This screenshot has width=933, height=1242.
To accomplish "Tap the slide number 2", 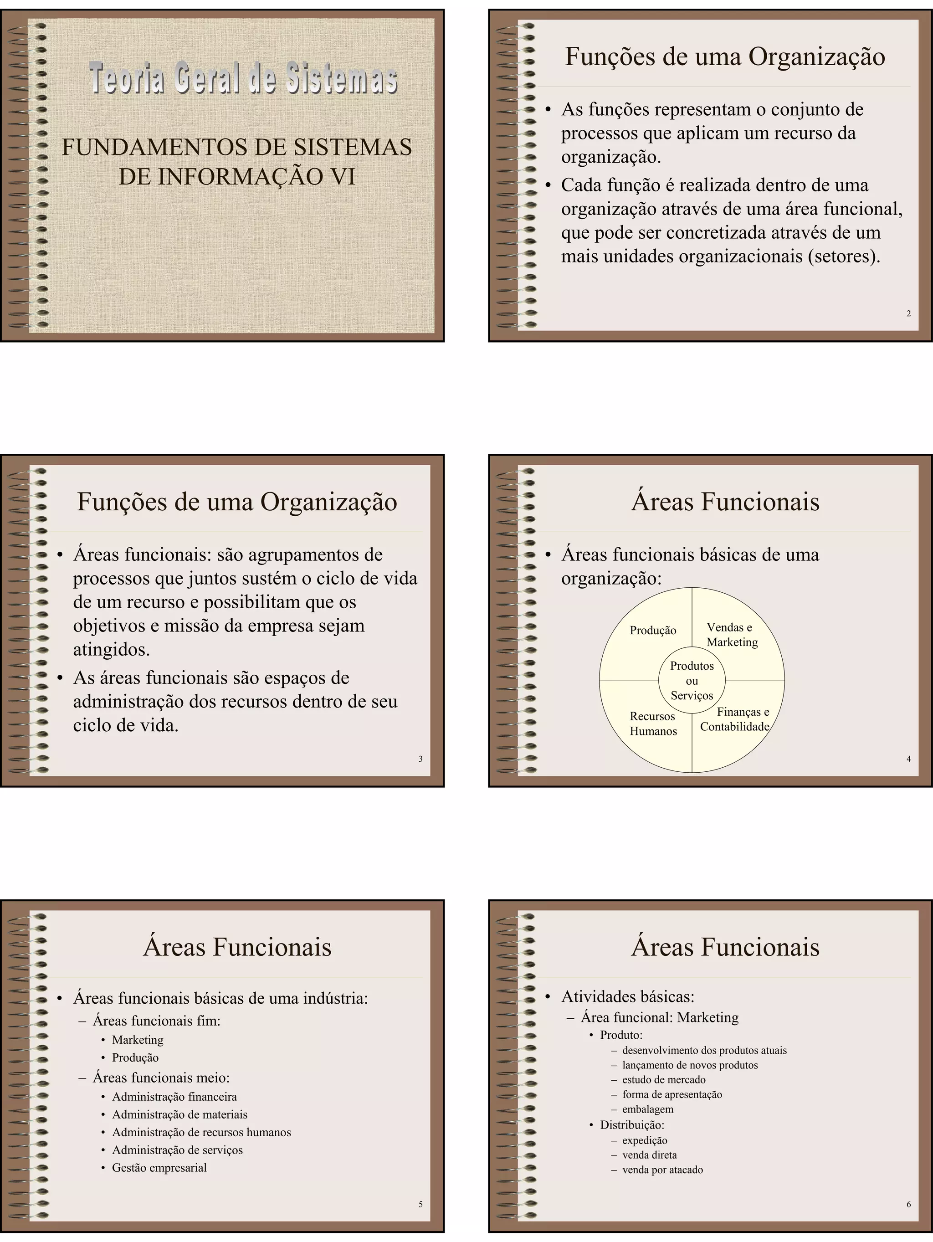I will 908,313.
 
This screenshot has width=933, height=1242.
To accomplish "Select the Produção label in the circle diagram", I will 653,631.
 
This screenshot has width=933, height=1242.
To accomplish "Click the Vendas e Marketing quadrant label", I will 732,635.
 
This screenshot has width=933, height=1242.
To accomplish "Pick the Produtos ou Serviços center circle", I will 692,681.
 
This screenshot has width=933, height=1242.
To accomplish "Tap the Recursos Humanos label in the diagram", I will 653,724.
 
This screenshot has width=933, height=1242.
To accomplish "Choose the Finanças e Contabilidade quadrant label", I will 735,719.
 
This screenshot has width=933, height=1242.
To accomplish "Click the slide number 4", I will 908,759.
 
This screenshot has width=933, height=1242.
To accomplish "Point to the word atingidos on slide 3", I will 111,650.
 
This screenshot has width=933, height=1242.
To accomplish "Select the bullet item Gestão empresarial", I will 159,1167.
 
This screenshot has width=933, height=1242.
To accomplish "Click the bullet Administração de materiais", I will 179,1114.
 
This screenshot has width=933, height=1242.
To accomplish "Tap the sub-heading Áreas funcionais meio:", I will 161,1078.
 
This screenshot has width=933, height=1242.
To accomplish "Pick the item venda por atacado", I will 662,1170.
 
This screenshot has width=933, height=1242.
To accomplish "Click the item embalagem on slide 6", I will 648,1109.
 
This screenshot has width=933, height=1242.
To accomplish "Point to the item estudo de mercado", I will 664,1079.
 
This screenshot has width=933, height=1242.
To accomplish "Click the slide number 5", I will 420,1204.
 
